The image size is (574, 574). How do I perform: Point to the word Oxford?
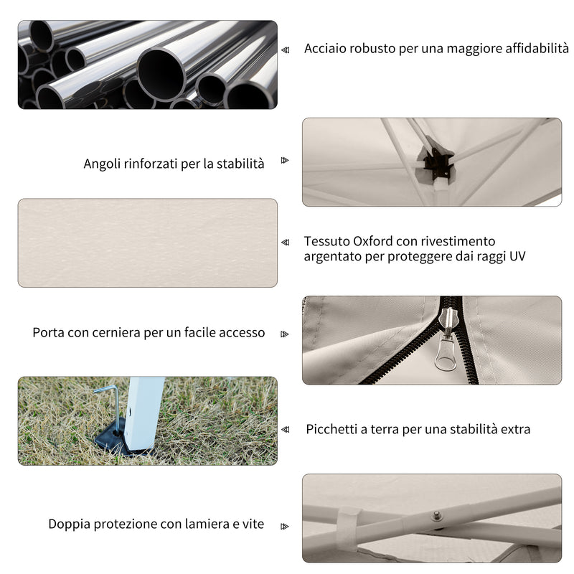372,241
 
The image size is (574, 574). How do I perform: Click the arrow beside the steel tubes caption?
285,50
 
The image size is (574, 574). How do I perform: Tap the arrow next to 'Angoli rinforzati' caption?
285,160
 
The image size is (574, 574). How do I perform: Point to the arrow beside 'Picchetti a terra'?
285,429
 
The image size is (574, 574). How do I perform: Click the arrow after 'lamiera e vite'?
285,527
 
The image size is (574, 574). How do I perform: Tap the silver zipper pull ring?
446,354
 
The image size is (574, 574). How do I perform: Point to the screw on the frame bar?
436,516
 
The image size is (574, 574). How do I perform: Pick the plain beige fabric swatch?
148,243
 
